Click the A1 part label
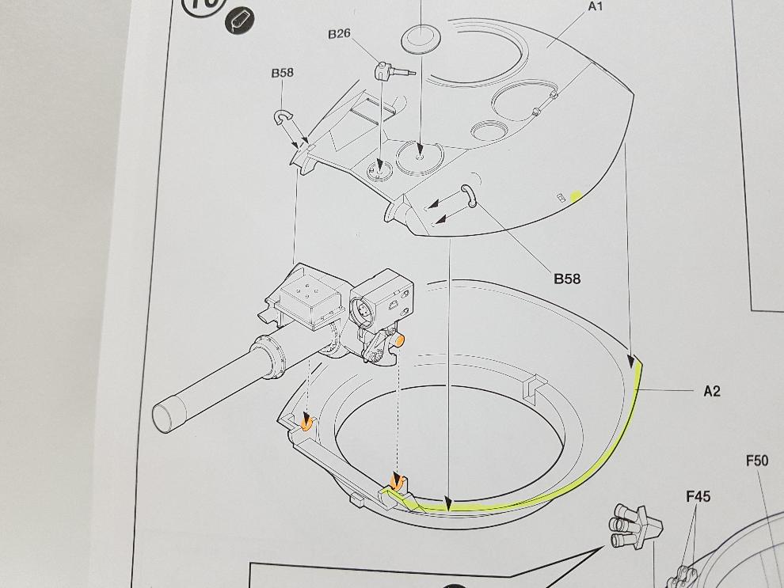click(x=595, y=6)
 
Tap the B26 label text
click(x=339, y=34)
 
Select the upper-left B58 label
click(x=282, y=73)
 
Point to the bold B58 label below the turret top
click(x=567, y=279)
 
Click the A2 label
click(x=712, y=390)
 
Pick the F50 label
click(x=757, y=460)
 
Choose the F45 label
click(x=698, y=496)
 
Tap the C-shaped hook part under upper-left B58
click(x=283, y=118)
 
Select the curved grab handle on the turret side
click(x=468, y=193)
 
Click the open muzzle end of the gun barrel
click(x=163, y=415)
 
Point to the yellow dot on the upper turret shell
click(x=576, y=195)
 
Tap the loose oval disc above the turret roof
click(x=421, y=40)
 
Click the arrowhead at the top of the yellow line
click(x=631, y=361)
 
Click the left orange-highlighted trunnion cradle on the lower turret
click(x=306, y=423)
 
